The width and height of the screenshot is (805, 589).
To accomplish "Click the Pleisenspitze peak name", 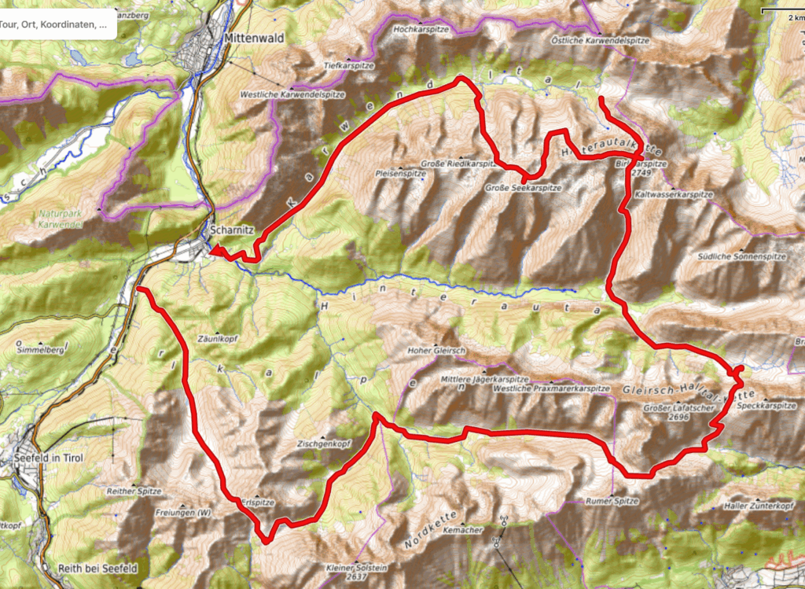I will coord(401,173).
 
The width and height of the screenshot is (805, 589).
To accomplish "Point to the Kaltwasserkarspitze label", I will coord(673,193).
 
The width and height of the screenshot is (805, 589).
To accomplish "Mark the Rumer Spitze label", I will coord(612,501).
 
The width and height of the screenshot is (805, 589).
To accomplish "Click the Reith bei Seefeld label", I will coord(97,568).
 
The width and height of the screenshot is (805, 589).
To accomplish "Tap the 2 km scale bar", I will coord(781,13).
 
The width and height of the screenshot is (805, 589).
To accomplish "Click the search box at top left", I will coord(59,24).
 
